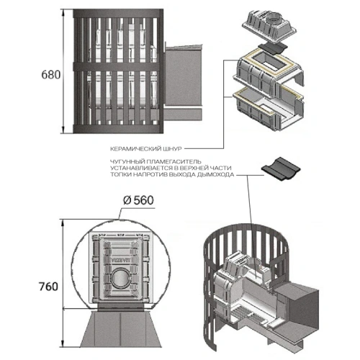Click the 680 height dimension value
point(51,75)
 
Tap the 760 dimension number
point(48,287)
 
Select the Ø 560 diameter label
point(138,200)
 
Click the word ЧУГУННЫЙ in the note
point(125,161)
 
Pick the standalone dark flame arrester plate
point(281,168)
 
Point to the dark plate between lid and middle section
point(272,49)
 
